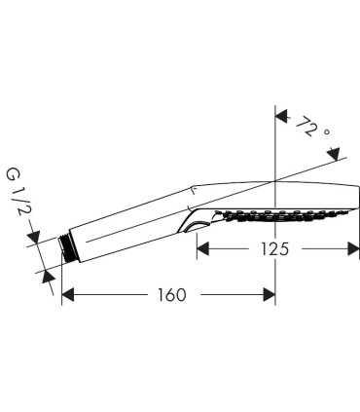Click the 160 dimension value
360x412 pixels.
(x=172, y=295)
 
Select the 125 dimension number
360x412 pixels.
(x=274, y=249)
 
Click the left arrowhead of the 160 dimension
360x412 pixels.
(x=68, y=295)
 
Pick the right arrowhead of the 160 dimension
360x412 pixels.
(x=269, y=295)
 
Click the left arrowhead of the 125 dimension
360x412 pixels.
(x=203, y=249)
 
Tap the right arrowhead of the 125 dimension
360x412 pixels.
(x=353, y=249)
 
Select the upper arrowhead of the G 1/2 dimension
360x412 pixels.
(x=33, y=237)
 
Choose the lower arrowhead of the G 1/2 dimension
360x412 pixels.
(x=49, y=277)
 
